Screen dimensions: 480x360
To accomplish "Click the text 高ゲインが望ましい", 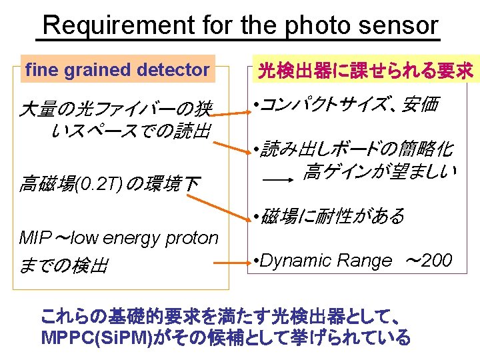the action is coord(379,173).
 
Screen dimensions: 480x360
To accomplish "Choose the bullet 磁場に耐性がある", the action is coord(332,216).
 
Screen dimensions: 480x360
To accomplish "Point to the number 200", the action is coord(437,261).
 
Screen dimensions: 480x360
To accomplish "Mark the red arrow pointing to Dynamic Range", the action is coord(241,263).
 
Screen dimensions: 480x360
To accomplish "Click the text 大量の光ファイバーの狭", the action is coord(115,108).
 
